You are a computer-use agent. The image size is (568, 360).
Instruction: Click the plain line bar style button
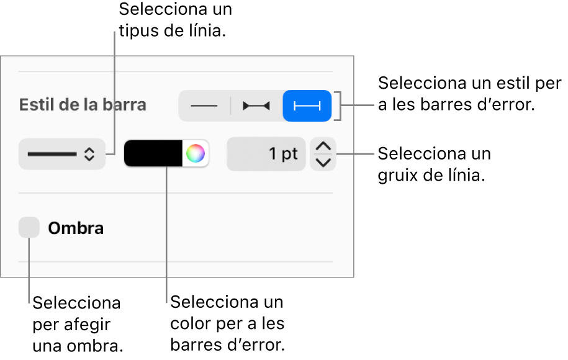[204, 106]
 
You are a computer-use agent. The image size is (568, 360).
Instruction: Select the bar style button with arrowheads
[256, 106]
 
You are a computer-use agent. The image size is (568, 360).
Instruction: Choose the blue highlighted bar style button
[307, 106]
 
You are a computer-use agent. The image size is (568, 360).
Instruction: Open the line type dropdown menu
[62, 154]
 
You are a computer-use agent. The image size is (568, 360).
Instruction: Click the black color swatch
[153, 153]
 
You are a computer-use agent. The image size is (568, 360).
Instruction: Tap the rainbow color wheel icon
[196, 153]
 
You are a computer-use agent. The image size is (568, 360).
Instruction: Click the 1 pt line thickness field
[266, 154]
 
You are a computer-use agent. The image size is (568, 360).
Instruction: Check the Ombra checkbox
[29, 227]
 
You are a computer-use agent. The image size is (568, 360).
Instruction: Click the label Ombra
[76, 228]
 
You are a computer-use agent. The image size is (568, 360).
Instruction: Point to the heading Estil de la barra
[83, 105]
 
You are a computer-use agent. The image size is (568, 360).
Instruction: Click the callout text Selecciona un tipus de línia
[175, 20]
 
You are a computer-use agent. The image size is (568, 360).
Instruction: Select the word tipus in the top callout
[139, 32]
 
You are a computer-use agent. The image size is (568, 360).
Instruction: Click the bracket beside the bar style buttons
[338, 106]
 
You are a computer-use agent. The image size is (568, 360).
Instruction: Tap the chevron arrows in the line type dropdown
[89, 155]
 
